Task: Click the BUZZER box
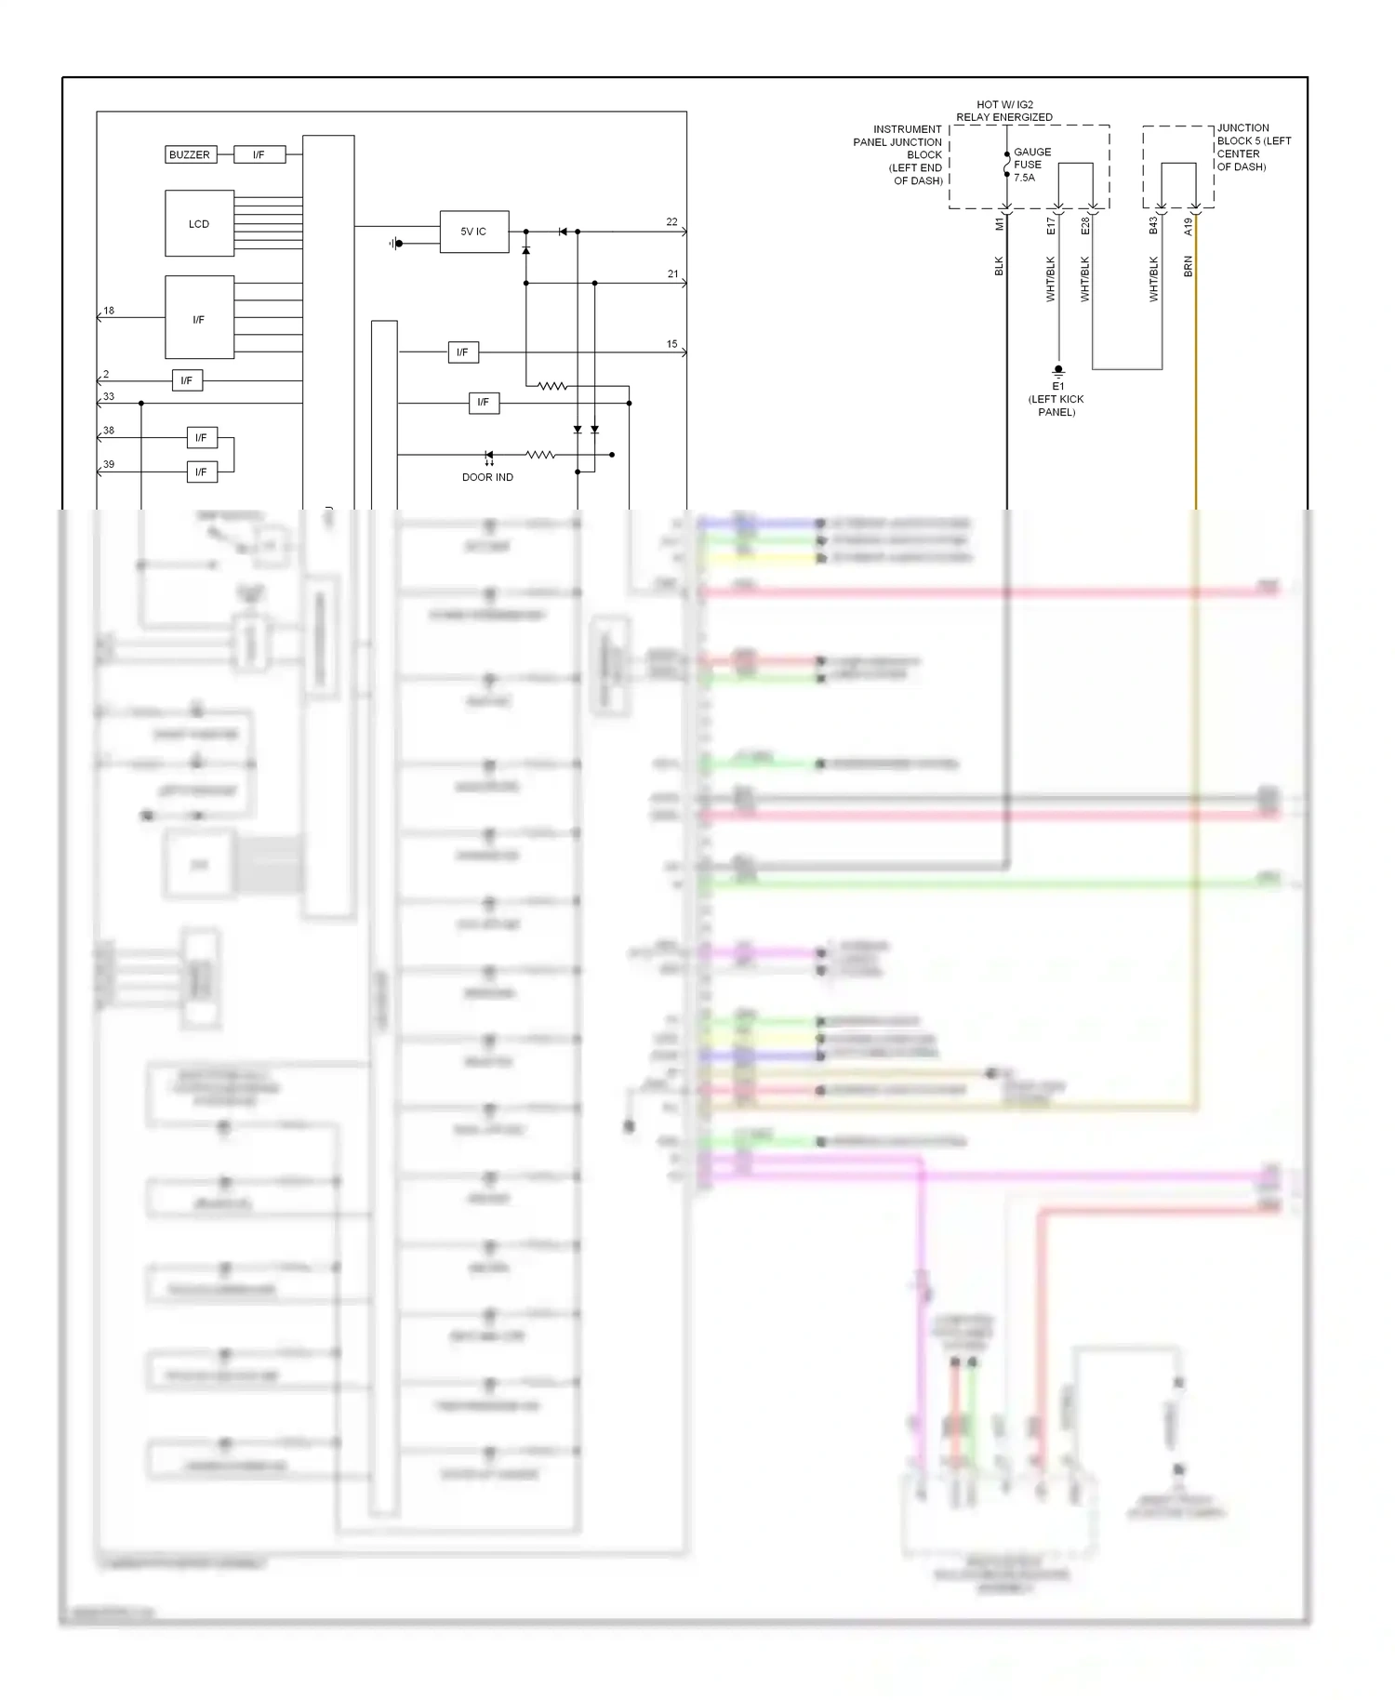[190, 154]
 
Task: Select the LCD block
[199, 224]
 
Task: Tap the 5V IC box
[474, 232]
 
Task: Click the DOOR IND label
[487, 477]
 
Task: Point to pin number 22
[671, 222]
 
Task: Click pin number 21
[672, 274]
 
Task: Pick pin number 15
[671, 344]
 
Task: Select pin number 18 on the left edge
[109, 311]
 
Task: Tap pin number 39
[109, 464]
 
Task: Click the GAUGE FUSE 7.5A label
[1031, 165]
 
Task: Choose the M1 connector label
[1000, 224]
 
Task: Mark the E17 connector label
[1051, 225]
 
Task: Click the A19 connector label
[1188, 226]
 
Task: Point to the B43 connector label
[1153, 225]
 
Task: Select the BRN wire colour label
[1188, 267]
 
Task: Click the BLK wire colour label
[1000, 266]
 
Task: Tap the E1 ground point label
[1057, 386]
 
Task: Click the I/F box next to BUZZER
[259, 154]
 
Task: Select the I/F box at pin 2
[187, 380]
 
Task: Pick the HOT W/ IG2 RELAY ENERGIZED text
[1004, 112]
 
